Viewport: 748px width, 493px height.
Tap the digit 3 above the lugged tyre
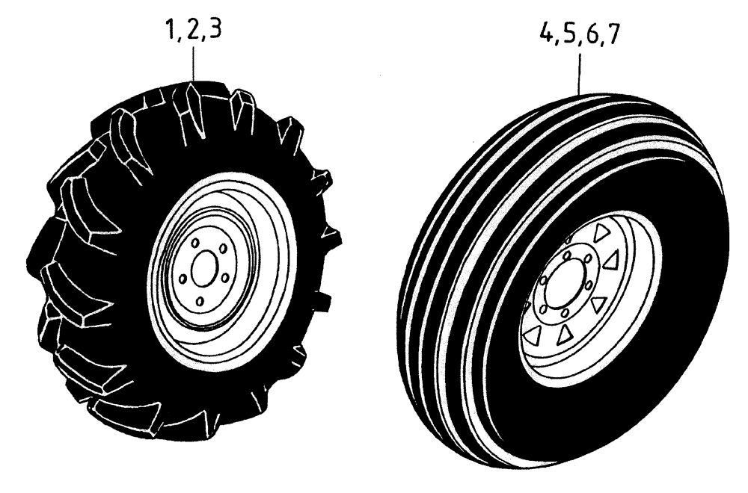(x=214, y=34)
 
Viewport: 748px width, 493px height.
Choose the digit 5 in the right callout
(x=565, y=36)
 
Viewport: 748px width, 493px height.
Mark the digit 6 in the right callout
(x=587, y=36)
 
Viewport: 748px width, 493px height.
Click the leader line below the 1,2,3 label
(x=194, y=63)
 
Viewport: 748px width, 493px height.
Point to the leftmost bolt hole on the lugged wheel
(x=180, y=279)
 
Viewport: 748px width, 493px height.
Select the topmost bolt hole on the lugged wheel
(x=194, y=244)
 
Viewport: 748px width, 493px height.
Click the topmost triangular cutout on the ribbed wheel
(x=600, y=234)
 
